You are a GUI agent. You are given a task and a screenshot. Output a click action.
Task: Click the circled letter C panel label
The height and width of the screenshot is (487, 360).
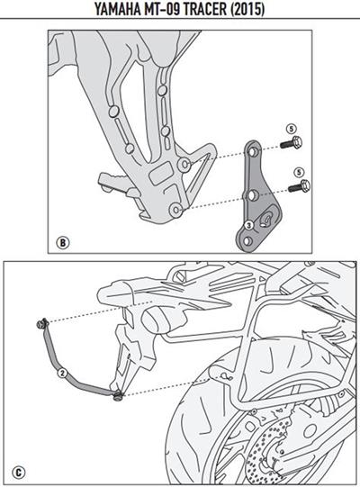[19, 469]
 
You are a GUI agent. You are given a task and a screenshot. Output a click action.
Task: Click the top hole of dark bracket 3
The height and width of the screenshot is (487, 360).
[253, 149]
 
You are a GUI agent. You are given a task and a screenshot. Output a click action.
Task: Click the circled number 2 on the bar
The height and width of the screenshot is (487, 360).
[60, 370]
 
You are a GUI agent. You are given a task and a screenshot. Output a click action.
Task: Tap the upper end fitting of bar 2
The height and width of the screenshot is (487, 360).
[41, 323]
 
